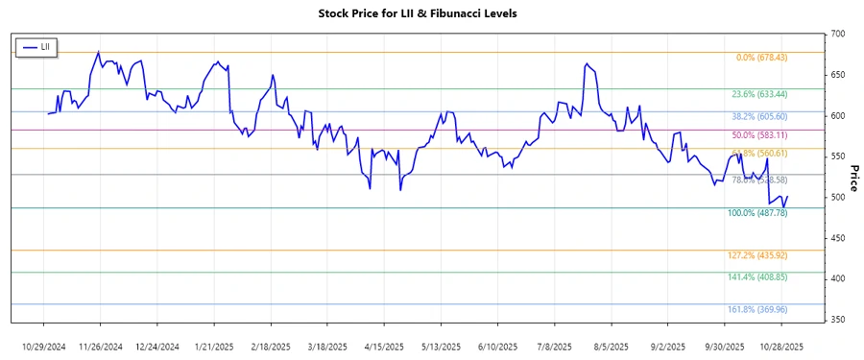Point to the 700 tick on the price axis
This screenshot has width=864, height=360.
pyautogui.click(x=838, y=35)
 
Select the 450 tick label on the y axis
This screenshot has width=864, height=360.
pyautogui.click(x=838, y=238)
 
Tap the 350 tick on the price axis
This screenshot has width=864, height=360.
pyautogui.click(x=838, y=320)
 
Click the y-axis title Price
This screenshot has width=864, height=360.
pyautogui.click(x=852, y=178)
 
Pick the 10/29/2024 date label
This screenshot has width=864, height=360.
pyautogui.click(x=44, y=346)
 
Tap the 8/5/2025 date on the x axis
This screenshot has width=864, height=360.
pyautogui.click(x=611, y=346)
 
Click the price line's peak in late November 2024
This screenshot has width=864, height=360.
pyautogui.click(x=99, y=52)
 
